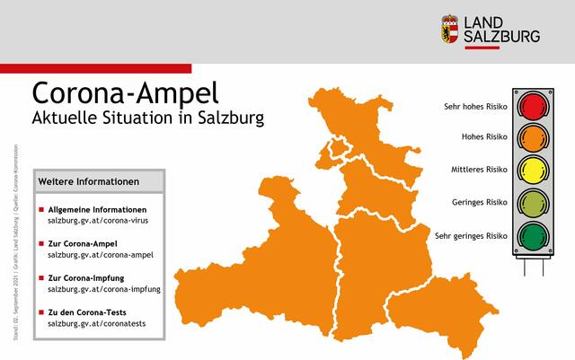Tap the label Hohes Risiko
[484, 138]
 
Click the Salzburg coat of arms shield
[449, 29]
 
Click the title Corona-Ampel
[124, 94]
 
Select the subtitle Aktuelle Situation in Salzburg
[148, 119]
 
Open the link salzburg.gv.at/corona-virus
[101, 220]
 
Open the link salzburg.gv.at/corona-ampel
[101, 254]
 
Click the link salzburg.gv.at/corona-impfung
[104, 289]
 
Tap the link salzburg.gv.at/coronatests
[96, 323]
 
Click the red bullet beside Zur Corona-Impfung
[40, 277]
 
